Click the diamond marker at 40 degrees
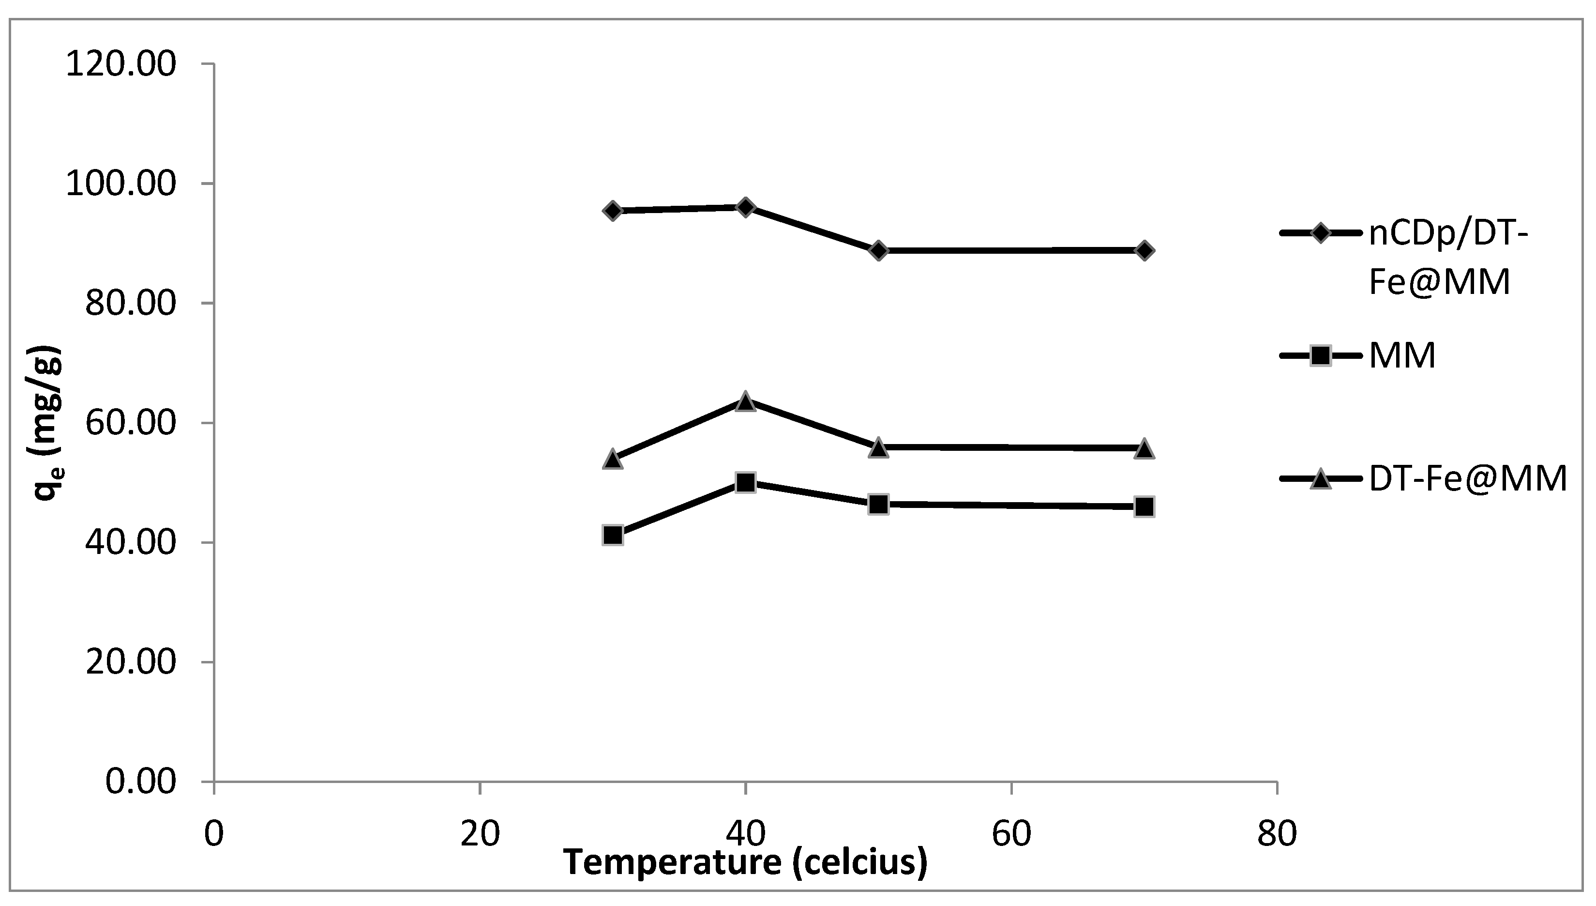pyautogui.click(x=745, y=207)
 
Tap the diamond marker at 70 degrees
pyautogui.click(x=1144, y=251)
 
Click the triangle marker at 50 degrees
pyautogui.click(x=878, y=447)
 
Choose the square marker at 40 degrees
pyautogui.click(x=745, y=482)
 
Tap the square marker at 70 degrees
pyautogui.click(x=1144, y=507)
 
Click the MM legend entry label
pyautogui.click(x=1402, y=356)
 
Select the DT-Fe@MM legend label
pyautogui.click(x=1468, y=479)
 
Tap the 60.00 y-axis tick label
pyautogui.click(x=131, y=423)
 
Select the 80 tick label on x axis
pyautogui.click(x=1277, y=834)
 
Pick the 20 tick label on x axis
pyautogui.click(x=480, y=834)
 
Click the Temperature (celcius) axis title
pyautogui.click(x=745, y=862)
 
